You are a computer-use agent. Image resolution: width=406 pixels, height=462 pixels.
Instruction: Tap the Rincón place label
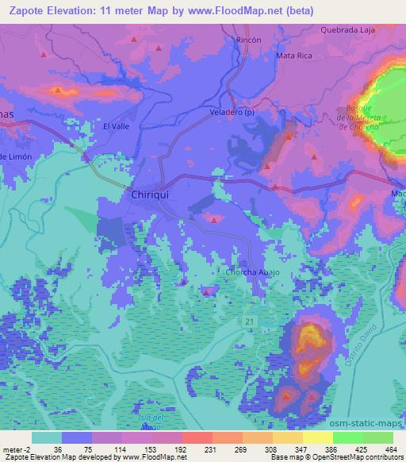pos(249,39)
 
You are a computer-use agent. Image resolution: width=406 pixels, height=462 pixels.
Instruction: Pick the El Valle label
pos(116,126)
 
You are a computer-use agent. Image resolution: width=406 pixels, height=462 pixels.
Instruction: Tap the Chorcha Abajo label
pos(253,272)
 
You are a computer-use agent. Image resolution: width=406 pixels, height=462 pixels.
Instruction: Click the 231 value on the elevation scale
pos(209,448)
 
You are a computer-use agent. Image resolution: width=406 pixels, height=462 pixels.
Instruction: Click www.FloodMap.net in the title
pos(239,11)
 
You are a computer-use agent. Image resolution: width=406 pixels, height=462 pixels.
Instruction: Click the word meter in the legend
pos(10,448)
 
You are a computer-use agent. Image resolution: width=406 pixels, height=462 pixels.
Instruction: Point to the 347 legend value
pos(301,448)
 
